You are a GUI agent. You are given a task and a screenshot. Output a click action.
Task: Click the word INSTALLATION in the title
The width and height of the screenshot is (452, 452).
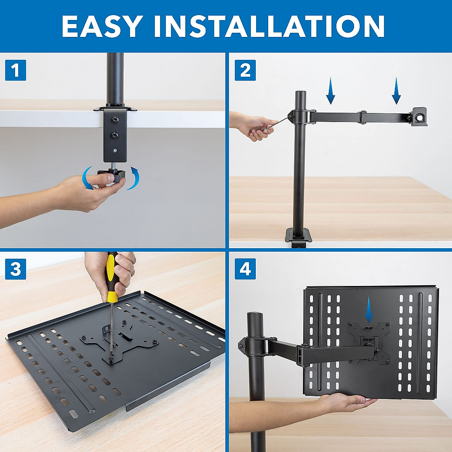coord(269,26)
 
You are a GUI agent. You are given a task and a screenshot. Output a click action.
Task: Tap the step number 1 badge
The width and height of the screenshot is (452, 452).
coord(15,70)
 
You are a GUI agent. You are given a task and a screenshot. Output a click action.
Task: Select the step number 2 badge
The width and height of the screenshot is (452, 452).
coord(245,70)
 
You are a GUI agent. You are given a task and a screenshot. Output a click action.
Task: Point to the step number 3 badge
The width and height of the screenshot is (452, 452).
coord(15,269)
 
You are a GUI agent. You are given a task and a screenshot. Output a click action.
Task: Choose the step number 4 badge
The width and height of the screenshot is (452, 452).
coord(245,269)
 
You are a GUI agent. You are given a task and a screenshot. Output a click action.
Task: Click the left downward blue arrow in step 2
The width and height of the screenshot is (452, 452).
coord(330,91)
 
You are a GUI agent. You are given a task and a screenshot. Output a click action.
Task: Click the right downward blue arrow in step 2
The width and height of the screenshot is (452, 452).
coord(396,91)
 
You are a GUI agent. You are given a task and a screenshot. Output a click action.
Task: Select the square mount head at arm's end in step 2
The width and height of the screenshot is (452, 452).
coord(420,116)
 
